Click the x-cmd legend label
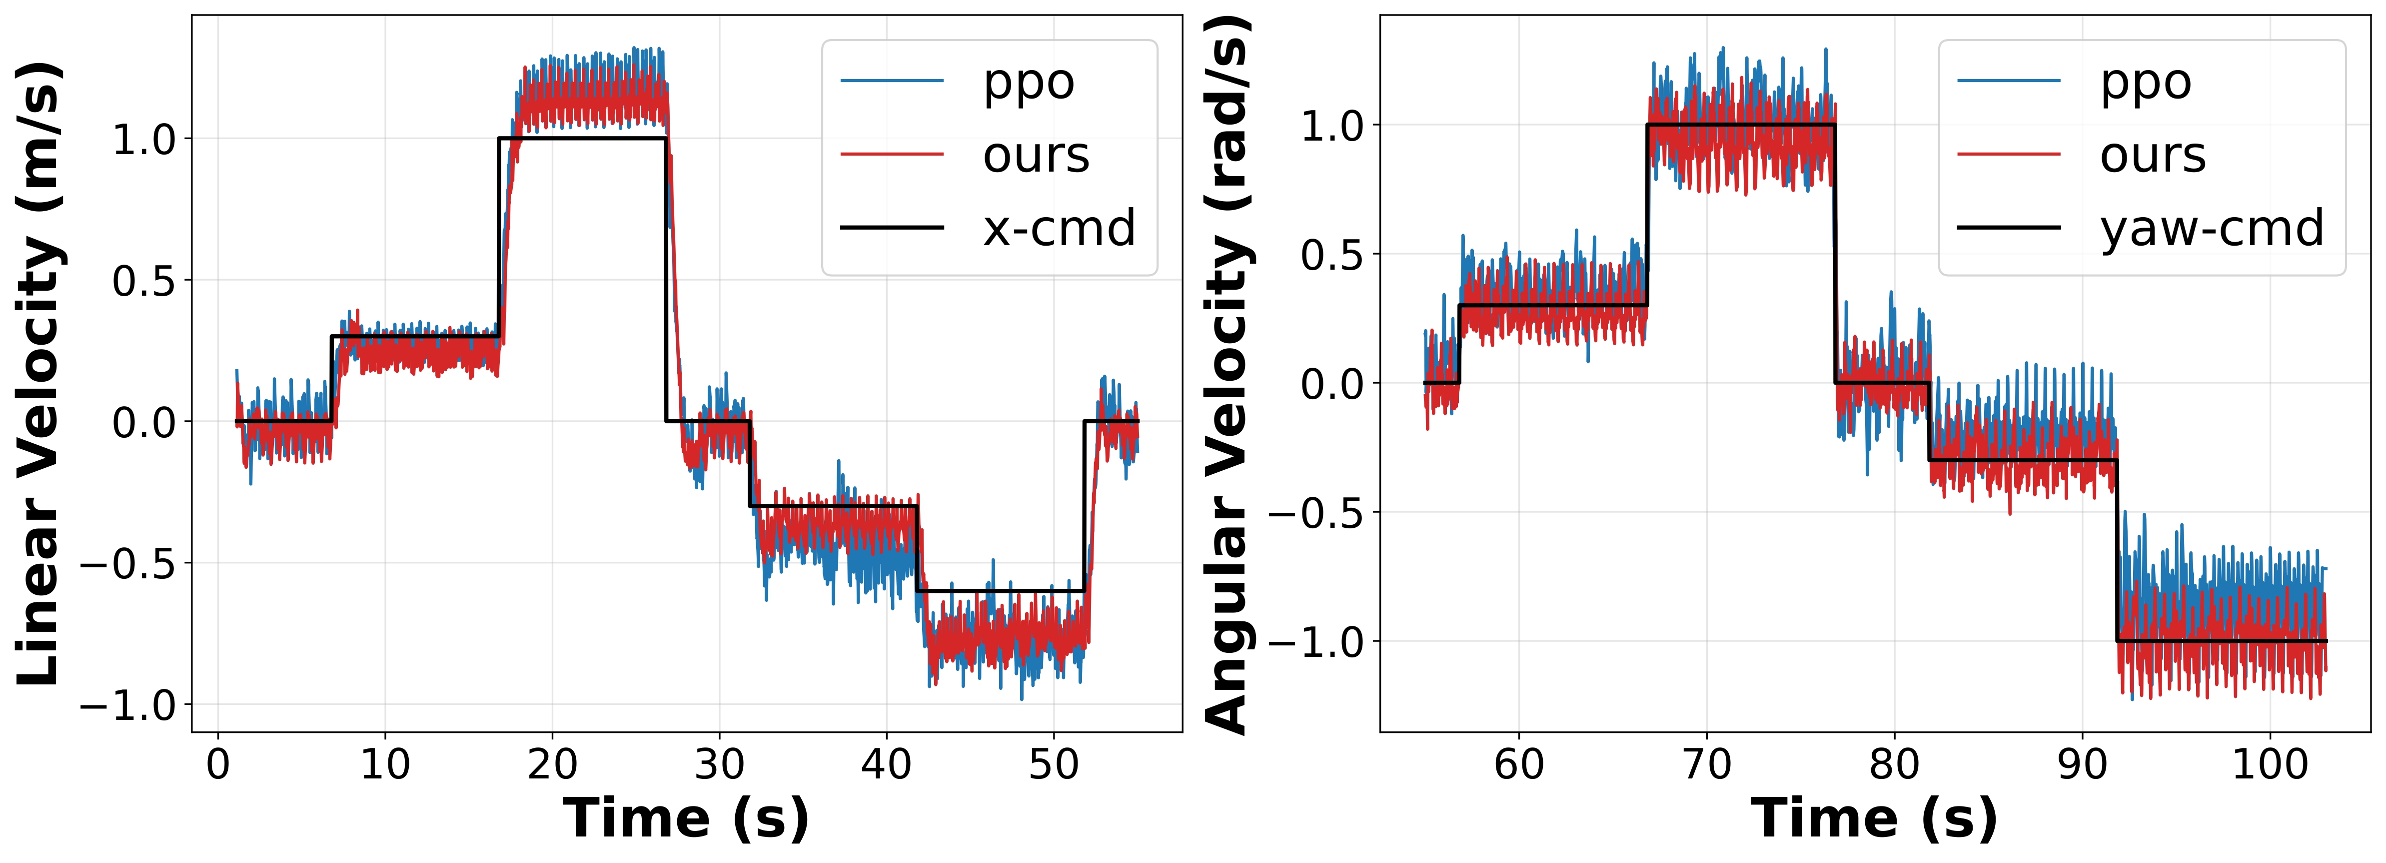tap(1059, 228)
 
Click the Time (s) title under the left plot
tap(686, 818)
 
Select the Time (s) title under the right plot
tap(1874, 818)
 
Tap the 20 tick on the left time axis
tap(552, 765)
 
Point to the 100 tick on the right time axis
tap(2269, 765)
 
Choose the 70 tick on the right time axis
tap(1706, 765)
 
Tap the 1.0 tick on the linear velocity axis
tap(143, 140)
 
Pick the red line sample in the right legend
tap(2008, 154)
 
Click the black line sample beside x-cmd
tap(891, 227)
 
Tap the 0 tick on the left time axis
tap(218, 765)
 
